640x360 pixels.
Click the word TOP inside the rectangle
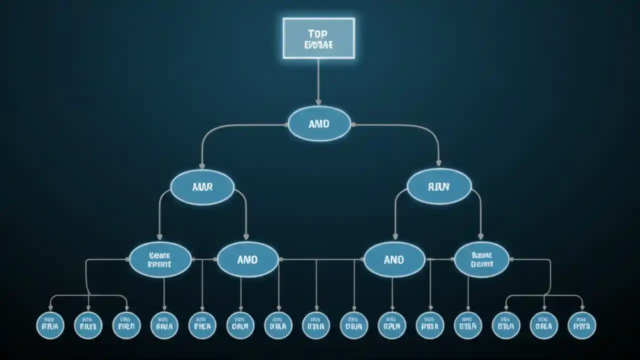[318, 34]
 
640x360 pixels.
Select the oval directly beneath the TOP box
[319, 123]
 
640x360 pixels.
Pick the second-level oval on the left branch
[202, 187]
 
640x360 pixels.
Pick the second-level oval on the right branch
[439, 187]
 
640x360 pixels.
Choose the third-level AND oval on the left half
[247, 259]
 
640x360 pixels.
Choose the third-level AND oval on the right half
[394, 259]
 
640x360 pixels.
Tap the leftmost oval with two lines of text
[160, 259]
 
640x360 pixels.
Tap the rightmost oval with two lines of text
[481, 259]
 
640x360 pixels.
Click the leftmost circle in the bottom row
[50, 325]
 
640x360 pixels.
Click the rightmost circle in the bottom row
[582, 325]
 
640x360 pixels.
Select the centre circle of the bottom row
[316, 325]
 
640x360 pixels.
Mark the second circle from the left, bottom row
[88, 325]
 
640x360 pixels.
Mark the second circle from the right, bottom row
[544, 325]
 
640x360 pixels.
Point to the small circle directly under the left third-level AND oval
[240, 325]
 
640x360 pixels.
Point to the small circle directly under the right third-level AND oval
[392, 325]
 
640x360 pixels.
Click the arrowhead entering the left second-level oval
[202, 166]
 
